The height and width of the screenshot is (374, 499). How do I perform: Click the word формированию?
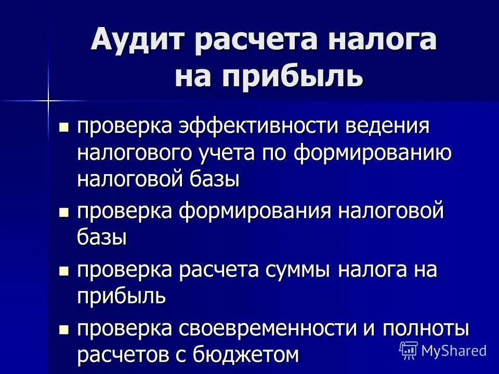coord(372,153)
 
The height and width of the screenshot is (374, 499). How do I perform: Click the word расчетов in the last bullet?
coord(127,355)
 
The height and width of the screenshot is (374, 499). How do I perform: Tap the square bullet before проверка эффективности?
coord(64,127)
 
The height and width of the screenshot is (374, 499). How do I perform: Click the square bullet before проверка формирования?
coord(64,211)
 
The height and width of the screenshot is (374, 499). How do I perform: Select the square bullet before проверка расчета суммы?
coord(64,270)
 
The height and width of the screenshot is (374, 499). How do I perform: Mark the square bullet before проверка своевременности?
coord(64,329)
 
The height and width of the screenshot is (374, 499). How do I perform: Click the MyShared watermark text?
coord(454,351)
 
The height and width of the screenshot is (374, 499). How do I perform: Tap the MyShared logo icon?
coord(409,351)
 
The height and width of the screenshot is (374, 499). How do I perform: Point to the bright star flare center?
coord(48,99)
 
